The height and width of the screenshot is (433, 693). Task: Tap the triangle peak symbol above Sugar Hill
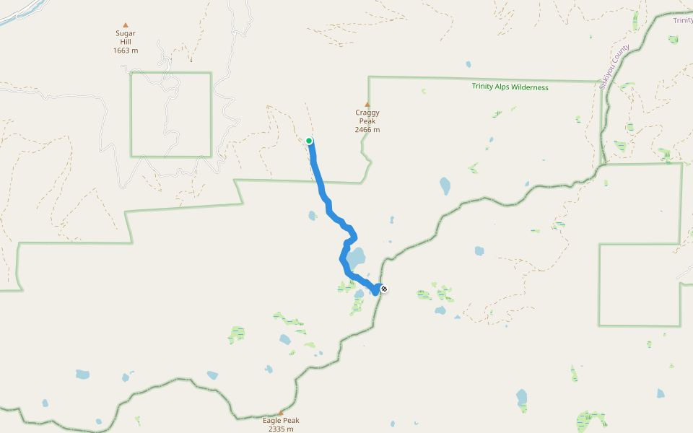pos(126,25)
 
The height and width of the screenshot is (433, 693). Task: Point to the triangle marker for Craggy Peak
pos(367,104)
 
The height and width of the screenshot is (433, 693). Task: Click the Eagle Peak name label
pos(281,421)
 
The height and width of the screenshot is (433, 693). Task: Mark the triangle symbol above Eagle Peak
pos(281,413)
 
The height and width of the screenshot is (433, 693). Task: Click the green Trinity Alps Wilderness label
pos(510,87)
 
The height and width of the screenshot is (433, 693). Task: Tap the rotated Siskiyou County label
pos(614,67)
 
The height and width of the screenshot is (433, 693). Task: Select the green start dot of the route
pos(309,141)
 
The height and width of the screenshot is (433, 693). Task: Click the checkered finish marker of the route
pos(384,289)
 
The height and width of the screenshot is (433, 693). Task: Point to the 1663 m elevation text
pos(125,51)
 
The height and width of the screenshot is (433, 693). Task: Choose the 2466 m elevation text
pos(367,130)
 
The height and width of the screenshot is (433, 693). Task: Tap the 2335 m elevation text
pos(281,429)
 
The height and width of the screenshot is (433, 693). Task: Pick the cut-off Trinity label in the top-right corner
pos(682,20)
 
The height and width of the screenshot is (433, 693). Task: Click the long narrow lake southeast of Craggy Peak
pos(445,186)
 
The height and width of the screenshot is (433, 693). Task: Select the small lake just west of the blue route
pos(312,215)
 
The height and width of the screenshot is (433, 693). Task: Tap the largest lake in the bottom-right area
pos(522,397)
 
